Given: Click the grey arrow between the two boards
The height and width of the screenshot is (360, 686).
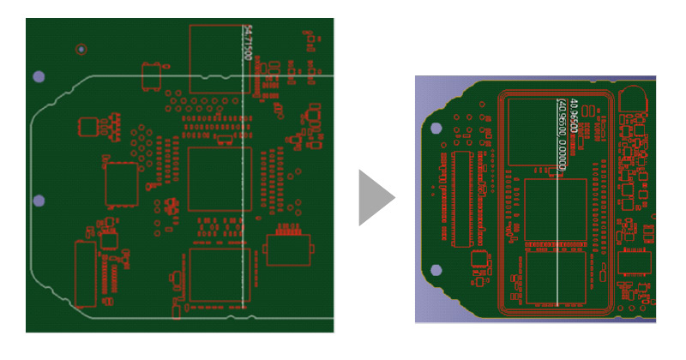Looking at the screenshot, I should pos(376,198).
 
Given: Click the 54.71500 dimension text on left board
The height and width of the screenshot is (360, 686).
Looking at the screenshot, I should pos(249,42).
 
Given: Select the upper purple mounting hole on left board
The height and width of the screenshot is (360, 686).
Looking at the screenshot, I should pos(39,77).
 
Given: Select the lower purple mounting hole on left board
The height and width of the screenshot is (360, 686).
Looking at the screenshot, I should pos(39,201).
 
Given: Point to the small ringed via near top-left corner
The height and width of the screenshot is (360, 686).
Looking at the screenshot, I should pos(81,49).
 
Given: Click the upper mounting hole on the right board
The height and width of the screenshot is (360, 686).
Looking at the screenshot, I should pos(436,129).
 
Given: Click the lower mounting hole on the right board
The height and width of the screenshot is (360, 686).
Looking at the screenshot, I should pos(436,269).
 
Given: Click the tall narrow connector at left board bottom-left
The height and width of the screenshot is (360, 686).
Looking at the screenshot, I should pos(85,274).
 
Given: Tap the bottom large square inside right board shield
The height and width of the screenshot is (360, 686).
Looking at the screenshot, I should pos(555,279).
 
